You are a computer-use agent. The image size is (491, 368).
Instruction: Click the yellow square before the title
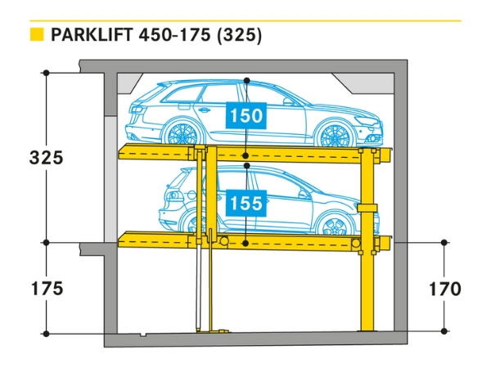click(36, 35)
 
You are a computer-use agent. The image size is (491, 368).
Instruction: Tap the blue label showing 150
click(246, 116)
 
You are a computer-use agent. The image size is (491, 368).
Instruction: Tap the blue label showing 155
click(246, 202)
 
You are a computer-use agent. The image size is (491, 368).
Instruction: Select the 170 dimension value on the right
click(444, 289)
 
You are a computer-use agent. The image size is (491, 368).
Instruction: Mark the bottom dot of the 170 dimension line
click(444, 331)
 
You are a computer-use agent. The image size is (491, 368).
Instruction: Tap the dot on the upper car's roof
click(246, 80)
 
